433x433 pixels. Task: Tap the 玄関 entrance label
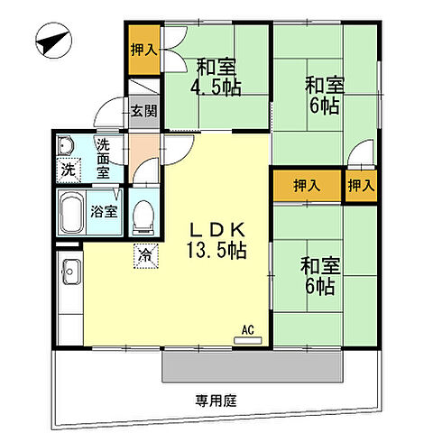[142, 112]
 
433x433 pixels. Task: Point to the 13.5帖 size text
[216, 248]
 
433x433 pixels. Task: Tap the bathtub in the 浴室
[72, 214]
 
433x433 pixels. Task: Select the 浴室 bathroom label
[105, 213]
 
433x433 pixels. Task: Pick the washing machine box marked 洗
[69, 170]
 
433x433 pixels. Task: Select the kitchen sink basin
[70, 270]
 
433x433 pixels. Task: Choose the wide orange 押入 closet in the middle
[307, 186]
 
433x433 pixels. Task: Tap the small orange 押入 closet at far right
[362, 186]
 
